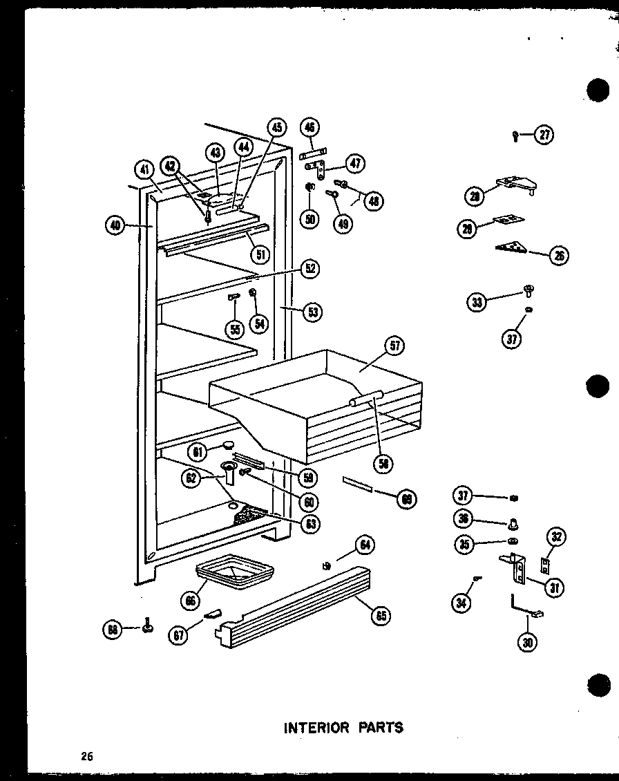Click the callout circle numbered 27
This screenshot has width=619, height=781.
pyautogui.click(x=545, y=135)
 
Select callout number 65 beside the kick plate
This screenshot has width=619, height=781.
pyautogui.click(x=380, y=617)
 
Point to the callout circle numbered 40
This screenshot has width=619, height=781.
pyautogui.click(x=117, y=225)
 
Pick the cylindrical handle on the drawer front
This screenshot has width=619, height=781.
pyautogui.click(x=366, y=397)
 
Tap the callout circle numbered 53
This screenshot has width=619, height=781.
pyautogui.click(x=313, y=312)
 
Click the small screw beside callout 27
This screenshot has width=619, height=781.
pyautogui.click(x=516, y=135)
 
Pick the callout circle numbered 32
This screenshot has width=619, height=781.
pyautogui.click(x=558, y=536)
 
